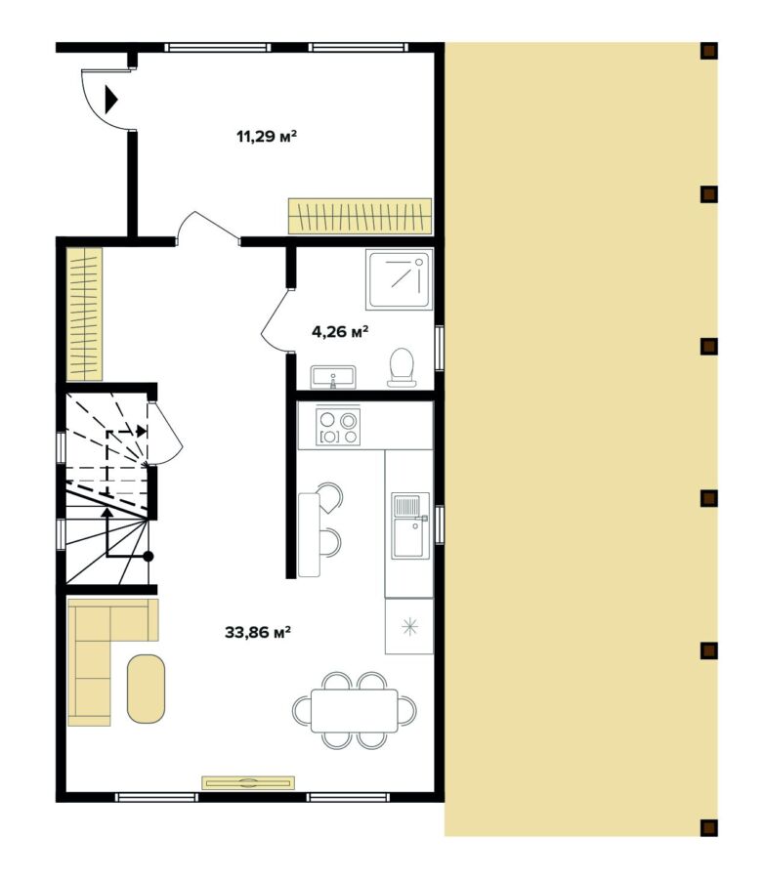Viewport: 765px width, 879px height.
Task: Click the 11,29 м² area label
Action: click(x=266, y=137)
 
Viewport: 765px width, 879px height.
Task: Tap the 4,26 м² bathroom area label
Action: click(x=340, y=331)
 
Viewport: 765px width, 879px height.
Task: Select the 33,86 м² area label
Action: click(x=259, y=632)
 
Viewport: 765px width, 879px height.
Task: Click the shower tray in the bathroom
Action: click(x=399, y=279)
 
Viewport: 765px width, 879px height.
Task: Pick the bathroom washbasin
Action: click(x=333, y=376)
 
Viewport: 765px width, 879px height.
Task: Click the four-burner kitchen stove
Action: click(x=339, y=427)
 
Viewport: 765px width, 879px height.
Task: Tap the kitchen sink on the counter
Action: click(x=409, y=523)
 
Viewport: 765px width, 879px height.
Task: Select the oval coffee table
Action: click(x=147, y=688)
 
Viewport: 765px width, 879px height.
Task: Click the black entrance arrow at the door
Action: click(x=110, y=99)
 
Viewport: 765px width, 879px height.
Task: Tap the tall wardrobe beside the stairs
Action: click(x=84, y=314)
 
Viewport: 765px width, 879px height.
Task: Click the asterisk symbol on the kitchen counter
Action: click(x=409, y=626)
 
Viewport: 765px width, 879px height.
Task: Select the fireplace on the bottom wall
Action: click(x=248, y=781)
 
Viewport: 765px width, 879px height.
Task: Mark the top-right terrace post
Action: click(x=708, y=50)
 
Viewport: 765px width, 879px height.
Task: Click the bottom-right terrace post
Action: click(x=708, y=828)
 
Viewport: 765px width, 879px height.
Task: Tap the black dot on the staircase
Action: click(x=149, y=556)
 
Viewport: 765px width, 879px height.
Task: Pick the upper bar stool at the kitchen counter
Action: click(x=330, y=497)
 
